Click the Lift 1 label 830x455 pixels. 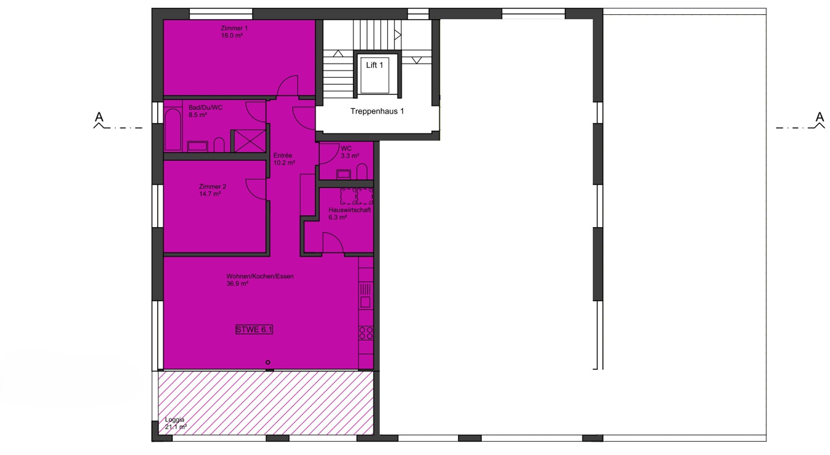374,65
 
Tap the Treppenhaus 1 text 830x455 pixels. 377,111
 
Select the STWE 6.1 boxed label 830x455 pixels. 254,330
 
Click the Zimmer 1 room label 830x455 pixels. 234,28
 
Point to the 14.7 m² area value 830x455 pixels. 210,194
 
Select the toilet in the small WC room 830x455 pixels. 362,172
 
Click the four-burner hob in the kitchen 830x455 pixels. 366,333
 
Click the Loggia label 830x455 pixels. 175,420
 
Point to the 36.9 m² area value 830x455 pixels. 237,284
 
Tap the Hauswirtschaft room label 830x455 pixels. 350,210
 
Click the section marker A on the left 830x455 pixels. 99,117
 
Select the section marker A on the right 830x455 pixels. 819,117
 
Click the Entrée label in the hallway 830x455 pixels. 283,155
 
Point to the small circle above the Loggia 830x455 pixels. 268,362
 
